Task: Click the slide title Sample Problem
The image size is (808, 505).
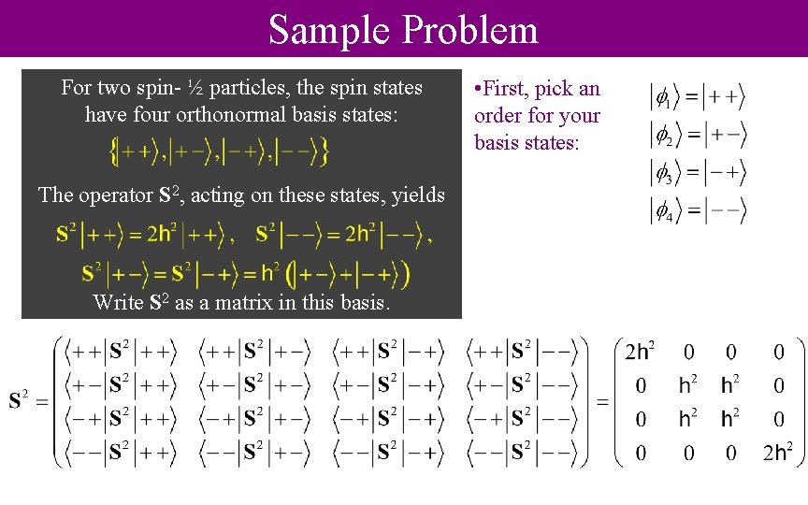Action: point(403,29)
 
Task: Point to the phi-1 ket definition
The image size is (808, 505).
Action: point(698,96)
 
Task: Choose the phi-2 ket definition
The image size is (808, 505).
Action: point(698,136)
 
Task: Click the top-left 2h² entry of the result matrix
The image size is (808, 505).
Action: point(640,353)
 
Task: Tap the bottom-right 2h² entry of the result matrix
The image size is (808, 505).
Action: point(778,454)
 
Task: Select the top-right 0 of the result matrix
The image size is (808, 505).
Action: point(778,353)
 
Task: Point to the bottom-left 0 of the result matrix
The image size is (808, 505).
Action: point(641,454)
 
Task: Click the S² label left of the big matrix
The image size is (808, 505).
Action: point(22,402)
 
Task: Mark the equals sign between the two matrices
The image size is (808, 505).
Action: point(603,402)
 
